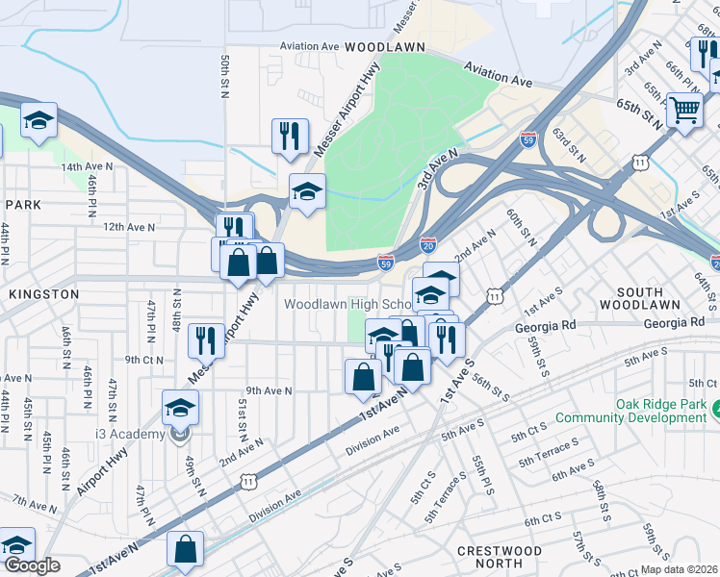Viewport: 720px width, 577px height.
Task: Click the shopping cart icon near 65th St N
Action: [684, 112]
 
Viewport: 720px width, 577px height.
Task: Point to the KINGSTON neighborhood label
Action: [40, 293]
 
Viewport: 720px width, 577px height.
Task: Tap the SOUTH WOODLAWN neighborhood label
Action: [654, 298]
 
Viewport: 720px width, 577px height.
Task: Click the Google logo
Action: [32, 565]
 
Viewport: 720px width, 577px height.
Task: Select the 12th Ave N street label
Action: [127, 226]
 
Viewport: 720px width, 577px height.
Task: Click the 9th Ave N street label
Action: [269, 390]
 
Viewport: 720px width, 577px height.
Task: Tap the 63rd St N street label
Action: [569, 145]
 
